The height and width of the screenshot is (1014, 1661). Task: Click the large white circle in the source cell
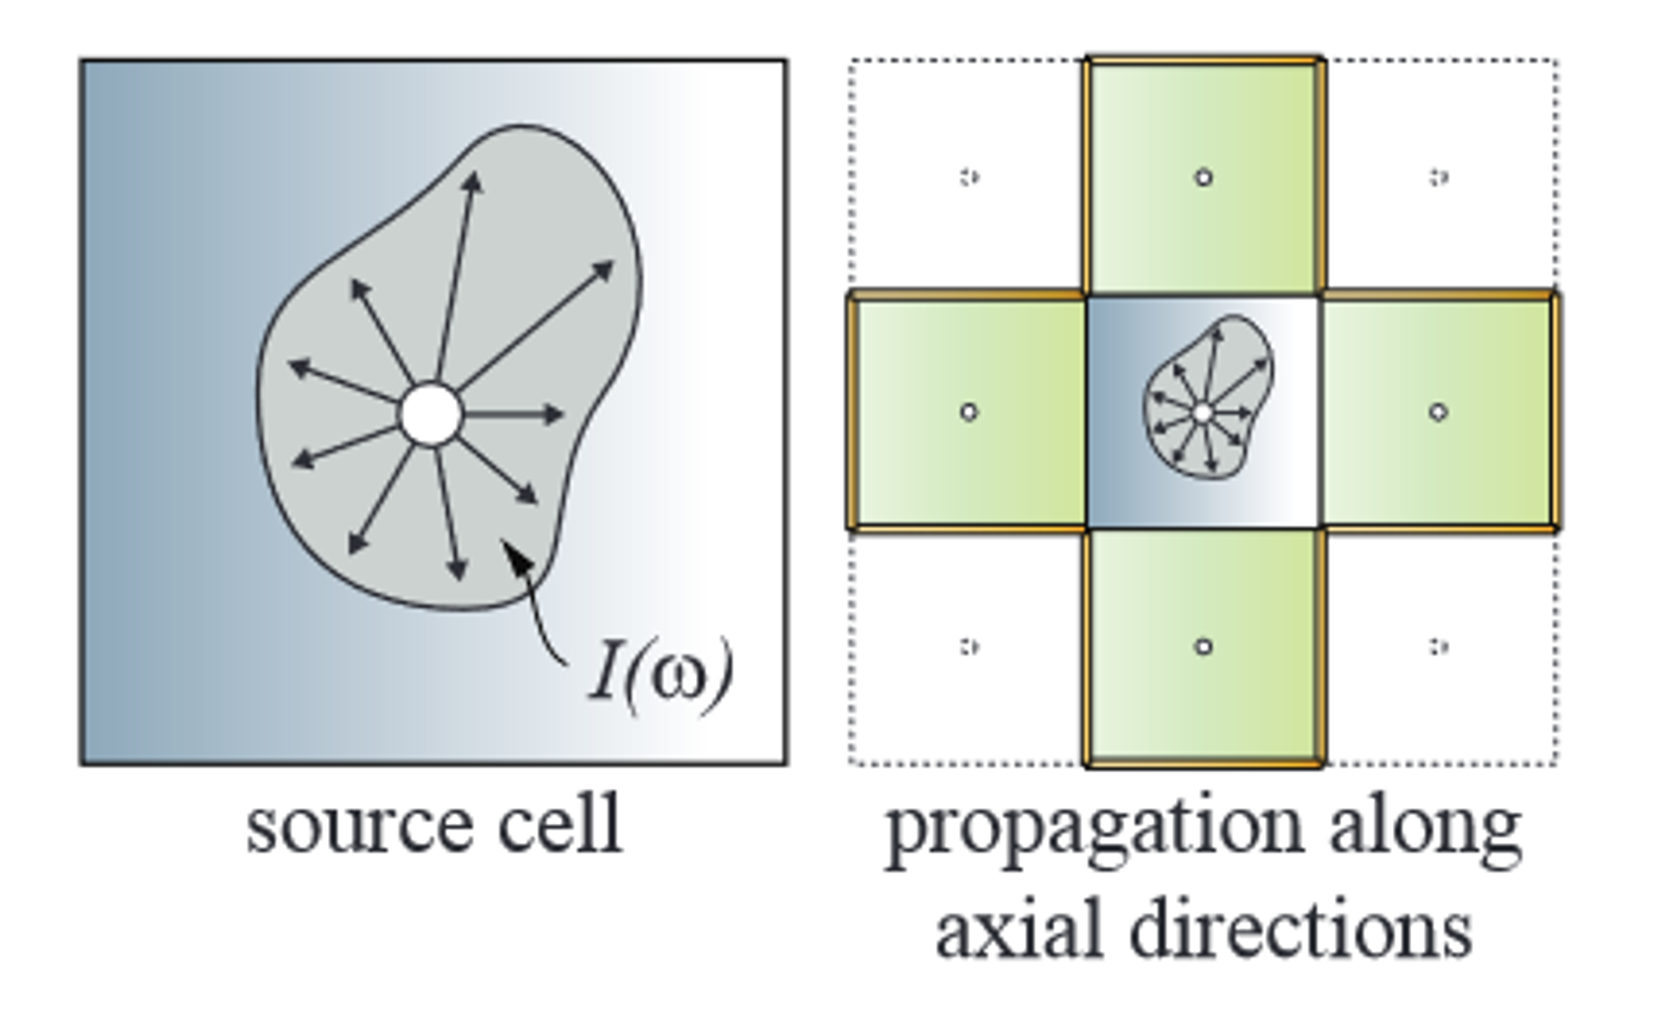click(430, 414)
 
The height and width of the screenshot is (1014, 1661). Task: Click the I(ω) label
click(661, 673)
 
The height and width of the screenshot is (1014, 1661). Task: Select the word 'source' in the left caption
click(358, 825)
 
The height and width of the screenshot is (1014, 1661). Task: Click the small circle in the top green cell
click(1203, 177)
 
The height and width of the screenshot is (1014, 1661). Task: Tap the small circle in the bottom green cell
click(1203, 646)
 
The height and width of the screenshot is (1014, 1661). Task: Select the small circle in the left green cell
click(968, 412)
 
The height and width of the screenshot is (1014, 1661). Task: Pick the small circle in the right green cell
click(1438, 412)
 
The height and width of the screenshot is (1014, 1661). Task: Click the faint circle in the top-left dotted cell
click(969, 177)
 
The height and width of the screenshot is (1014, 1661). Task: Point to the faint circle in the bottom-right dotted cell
click(1438, 646)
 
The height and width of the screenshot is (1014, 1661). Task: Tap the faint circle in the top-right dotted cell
click(1438, 177)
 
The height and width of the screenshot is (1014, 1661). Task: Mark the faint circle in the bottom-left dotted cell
click(969, 646)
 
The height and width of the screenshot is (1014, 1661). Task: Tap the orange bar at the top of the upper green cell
click(1203, 61)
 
